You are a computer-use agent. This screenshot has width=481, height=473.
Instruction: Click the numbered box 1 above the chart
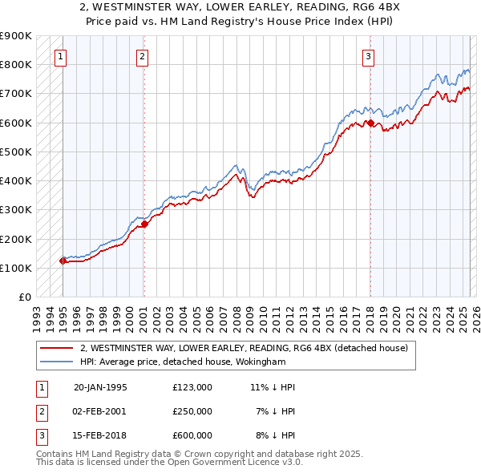(x=62, y=56)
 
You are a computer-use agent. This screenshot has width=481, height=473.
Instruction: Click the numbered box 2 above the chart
(x=142, y=56)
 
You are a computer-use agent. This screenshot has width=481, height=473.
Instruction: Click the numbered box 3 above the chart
(x=368, y=56)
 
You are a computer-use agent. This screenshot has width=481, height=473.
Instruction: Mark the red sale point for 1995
(x=63, y=261)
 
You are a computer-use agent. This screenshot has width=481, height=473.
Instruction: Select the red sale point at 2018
(x=370, y=123)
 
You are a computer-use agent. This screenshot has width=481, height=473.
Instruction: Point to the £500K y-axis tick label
(x=15, y=152)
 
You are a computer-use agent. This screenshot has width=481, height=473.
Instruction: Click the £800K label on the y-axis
(x=15, y=64)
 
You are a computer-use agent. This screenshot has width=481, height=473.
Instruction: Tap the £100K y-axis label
(x=15, y=268)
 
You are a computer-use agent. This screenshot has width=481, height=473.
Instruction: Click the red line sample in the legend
(x=58, y=348)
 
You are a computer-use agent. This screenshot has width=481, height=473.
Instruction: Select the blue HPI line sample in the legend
(x=58, y=362)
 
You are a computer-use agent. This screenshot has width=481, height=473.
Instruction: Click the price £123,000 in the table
(x=192, y=387)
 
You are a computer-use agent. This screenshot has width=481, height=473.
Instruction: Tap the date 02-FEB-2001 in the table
(x=100, y=411)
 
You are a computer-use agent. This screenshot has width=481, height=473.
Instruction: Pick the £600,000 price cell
(x=192, y=435)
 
